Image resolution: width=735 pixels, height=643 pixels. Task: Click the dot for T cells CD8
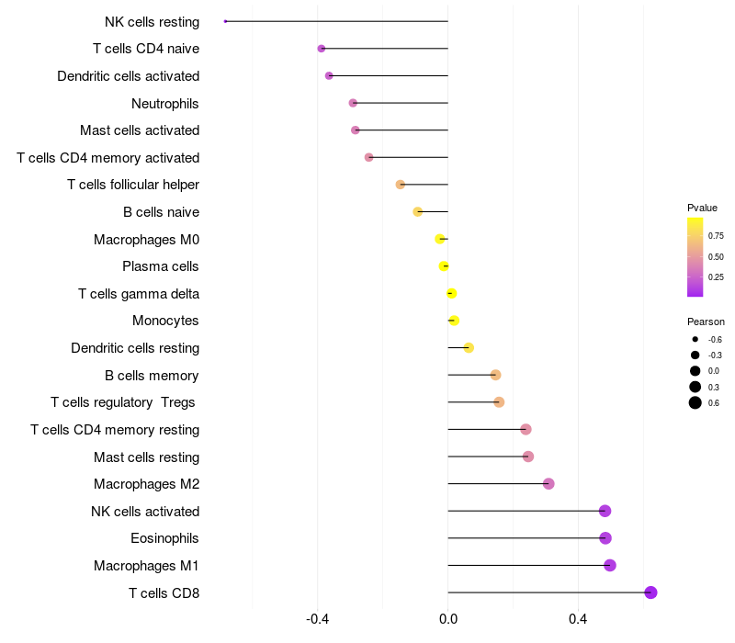pos(650,592)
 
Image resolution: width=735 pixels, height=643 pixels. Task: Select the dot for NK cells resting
pos(225,21)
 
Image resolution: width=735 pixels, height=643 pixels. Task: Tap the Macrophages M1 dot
pos(609,565)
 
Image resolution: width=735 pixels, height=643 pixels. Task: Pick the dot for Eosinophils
pos(605,538)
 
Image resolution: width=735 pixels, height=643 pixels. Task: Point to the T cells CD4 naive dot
pos(321,49)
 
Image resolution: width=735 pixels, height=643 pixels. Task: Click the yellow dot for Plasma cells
pos(444,266)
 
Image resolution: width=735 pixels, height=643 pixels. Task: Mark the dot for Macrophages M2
pos(548,484)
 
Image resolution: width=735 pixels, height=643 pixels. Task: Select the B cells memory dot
pos(495,375)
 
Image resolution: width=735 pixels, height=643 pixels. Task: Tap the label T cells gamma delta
pos(139,294)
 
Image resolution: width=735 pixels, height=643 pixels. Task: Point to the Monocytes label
pos(165,321)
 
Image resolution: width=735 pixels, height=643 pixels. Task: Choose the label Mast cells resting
pos(146,457)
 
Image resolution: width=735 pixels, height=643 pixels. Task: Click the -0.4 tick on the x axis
pos(318,619)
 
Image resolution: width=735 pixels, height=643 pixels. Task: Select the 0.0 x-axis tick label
pos(447,619)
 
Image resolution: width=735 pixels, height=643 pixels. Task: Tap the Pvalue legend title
pos(702,208)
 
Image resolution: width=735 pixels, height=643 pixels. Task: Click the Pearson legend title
pos(706,321)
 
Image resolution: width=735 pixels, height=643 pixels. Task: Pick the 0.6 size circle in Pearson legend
pos(695,402)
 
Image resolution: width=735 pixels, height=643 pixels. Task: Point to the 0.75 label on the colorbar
pos(716,235)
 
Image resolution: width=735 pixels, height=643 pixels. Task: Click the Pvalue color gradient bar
pos(695,257)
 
